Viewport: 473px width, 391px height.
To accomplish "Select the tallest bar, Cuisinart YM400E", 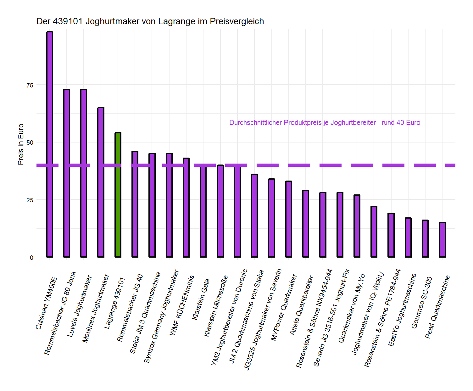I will click(50, 145).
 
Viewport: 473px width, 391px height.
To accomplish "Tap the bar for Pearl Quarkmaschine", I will click(442, 240).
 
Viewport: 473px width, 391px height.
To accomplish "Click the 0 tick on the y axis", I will click(31, 258).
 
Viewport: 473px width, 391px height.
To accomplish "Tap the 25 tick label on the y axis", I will click(30, 200).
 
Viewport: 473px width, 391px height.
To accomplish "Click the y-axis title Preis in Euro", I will click(21, 144).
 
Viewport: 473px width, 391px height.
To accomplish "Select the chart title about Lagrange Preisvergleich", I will click(150, 21).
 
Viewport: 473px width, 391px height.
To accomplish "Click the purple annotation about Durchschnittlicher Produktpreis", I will click(325, 123).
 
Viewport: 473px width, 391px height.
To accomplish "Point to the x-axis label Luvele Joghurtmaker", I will click(79, 306).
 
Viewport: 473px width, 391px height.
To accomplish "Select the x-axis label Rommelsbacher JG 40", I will click(130, 308).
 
